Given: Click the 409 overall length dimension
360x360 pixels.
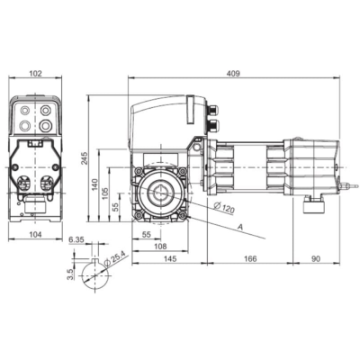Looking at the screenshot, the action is [x=233, y=73].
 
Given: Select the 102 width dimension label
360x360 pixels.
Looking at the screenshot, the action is [x=35, y=73].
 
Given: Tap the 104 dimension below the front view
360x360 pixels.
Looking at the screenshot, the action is [x=35, y=234].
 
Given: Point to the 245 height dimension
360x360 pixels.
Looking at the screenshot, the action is [x=85, y=158].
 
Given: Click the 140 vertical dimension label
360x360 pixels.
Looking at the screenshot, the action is [x=95, y=185].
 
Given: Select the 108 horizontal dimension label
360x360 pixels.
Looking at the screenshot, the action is [x=160, y=247].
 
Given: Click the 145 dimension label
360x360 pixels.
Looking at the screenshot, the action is [x=171, y=258].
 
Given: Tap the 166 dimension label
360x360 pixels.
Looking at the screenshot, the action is [x=250, y=258].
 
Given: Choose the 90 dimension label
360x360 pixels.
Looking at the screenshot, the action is [x=316, y=258].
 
